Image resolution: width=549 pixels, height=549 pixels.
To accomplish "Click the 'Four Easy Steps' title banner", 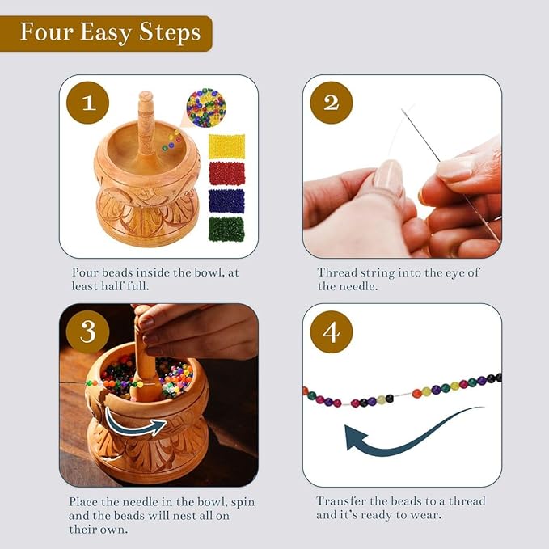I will click(110, 33).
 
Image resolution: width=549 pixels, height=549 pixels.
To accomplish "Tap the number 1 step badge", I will click(87, 102).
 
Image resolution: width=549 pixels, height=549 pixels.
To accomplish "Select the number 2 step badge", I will click(331, 102).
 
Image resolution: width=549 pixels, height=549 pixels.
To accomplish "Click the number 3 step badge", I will click(87, 332).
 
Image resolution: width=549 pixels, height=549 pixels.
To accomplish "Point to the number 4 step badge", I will click(331, 332).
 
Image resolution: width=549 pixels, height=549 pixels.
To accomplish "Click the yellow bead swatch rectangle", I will click(226, 146).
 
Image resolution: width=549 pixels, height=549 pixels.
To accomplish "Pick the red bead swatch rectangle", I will click(226, 174).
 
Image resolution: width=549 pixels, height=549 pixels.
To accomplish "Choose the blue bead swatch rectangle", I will click(226, 201).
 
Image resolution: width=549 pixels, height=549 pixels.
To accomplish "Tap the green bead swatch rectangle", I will click(226, 229).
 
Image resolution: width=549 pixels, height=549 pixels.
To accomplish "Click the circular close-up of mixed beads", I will click(205, 108).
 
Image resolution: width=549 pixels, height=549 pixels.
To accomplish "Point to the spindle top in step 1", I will click(145, 100).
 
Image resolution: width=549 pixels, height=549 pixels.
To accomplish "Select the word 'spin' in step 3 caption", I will click(242, 502).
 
